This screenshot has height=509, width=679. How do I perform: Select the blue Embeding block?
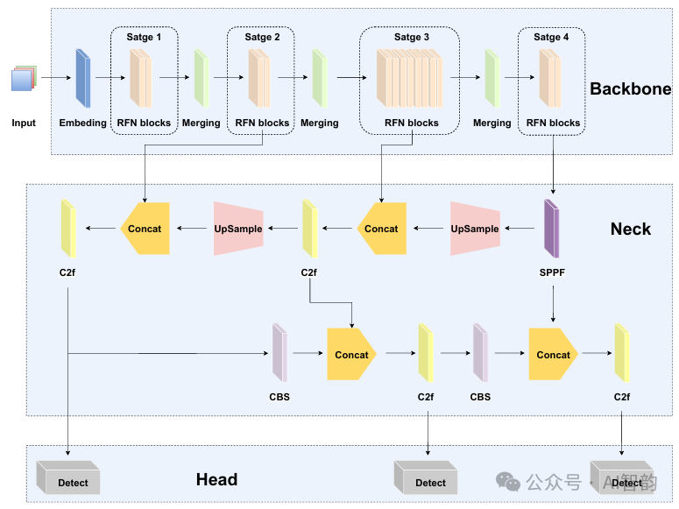click(x=83, y=78)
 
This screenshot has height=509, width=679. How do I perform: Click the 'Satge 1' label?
click(x=144, y=38)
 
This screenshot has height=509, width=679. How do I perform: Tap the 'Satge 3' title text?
click(x=412, y=38)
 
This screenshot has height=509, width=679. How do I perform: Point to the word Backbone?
click(x=630, y=89)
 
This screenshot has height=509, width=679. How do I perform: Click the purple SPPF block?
click(x=552, y=229)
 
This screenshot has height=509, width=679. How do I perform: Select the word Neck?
click(x=630, y=230)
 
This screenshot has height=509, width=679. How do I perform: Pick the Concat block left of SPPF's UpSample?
click(x=381, y=229)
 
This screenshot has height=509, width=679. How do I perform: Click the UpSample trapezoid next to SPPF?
click(x=475, y=229)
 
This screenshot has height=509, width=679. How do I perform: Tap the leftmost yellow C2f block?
click(x=68, y=229)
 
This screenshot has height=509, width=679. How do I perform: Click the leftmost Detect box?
click(x=68, y=478)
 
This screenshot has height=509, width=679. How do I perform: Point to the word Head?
click(x=216, y=479)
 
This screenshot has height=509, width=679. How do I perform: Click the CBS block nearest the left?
click(x=279, y=353)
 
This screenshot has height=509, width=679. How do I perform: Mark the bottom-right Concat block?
click(x=553, y=355)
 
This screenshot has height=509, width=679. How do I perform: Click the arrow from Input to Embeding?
click(x=54, y=78)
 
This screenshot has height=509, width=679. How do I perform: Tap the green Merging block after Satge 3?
click(x=492, y=78)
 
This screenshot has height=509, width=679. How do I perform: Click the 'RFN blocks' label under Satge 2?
click(x=262, y=123)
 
